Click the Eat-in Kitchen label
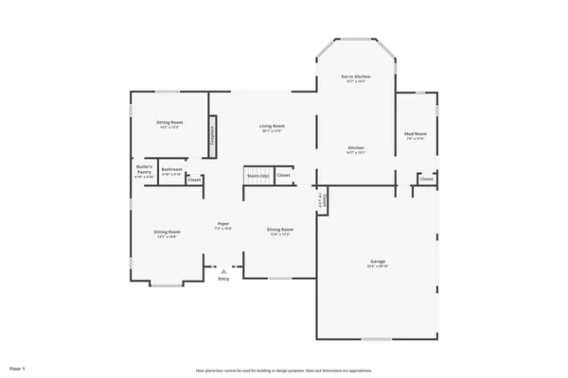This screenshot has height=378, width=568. pyautogui.click(x=355, y=76)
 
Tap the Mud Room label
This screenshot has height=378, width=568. pyautogui.click(x=416, y=134)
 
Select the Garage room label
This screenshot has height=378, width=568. pyautogui.click(x=377, y=261)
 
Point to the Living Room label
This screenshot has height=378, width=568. pyautogui.click(x=273, y=126)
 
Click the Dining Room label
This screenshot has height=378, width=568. pyautogui.click(x=279, y=229)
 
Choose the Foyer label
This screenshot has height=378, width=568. pyautogui.click(x=222, y=224)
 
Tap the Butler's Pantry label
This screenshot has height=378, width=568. pyautogui.click(x=144, y=170)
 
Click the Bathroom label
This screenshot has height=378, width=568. pyautogui.click(x=171, y=171)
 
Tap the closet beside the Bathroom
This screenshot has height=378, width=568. pyautogui.click(x=194, y=180)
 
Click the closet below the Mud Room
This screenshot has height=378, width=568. pyautogui.click(x=427, y=178)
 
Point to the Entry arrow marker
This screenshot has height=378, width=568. pyautogui.click(x=223, y=270)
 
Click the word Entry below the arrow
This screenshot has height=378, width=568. pyautogui.click(x=223, y=279)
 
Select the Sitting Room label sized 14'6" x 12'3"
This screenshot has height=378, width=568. pyautogui.click(x=170, y=123)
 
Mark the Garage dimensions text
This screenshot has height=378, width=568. pyautogui.click(x=377, y=267)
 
